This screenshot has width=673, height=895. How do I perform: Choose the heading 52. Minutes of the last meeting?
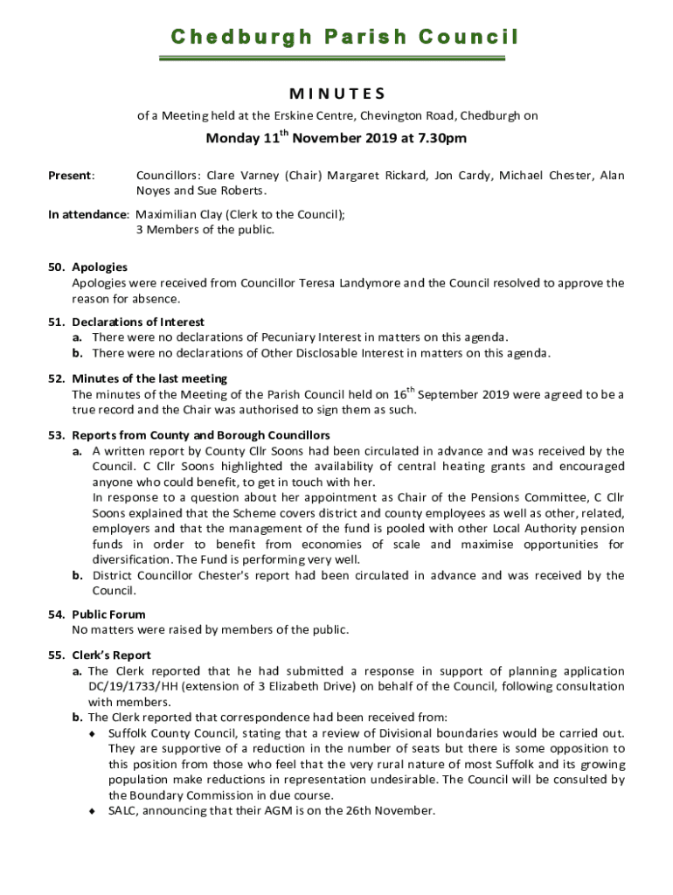[x=138, y=378]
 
